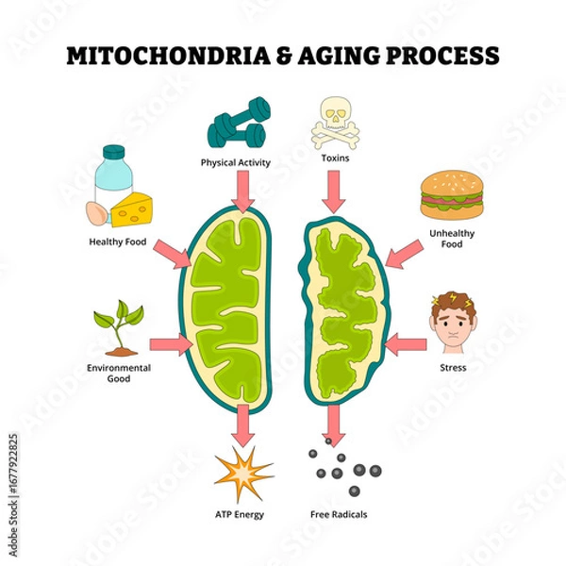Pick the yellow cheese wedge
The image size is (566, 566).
click(132, 208)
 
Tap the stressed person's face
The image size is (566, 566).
click(453, 321)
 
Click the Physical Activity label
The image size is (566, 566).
click(235, 162)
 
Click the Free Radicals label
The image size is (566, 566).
click(339, 514)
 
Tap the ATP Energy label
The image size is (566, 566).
click(240, 514)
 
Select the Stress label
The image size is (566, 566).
click(453, 367)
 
